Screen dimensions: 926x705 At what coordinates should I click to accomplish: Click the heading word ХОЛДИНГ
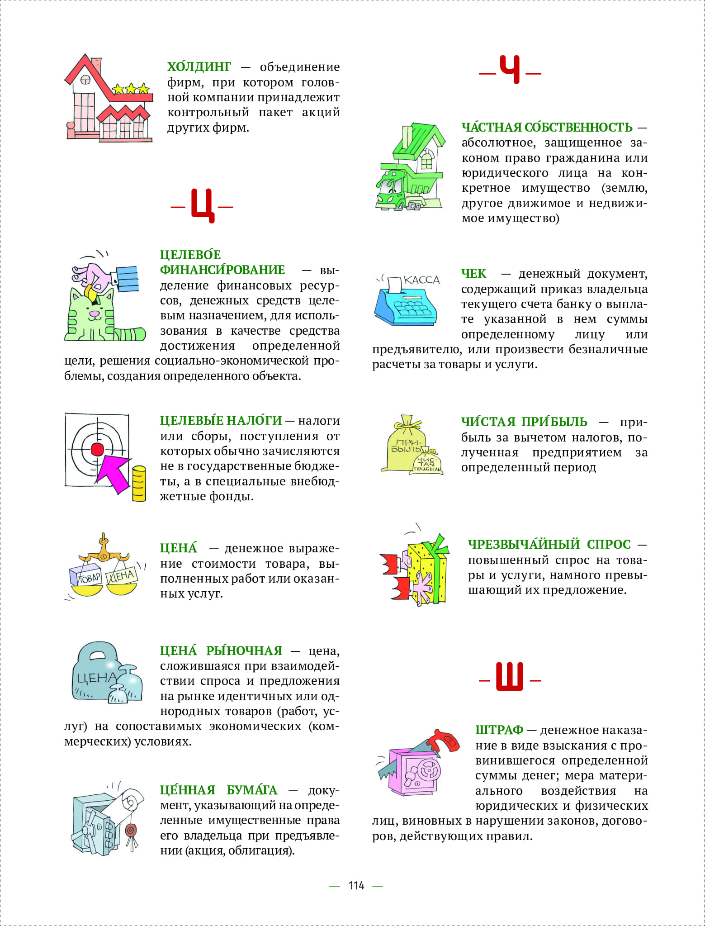199,67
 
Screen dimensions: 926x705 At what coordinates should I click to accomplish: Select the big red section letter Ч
510,70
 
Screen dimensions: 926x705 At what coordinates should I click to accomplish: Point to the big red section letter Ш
510,677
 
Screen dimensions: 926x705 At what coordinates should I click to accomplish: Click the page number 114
356,886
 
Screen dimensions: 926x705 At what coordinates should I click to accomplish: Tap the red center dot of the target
97,449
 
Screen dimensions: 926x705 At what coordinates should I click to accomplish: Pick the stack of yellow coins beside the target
139,484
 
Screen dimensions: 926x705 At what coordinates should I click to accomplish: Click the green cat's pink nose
94,313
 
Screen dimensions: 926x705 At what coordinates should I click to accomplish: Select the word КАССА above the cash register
421,280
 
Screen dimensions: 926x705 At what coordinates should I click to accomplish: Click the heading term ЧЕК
473,274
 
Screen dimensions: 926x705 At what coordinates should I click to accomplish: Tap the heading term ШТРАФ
499,730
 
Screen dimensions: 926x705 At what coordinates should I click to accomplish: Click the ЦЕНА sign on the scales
121,576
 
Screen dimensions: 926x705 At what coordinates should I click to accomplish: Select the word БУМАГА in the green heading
252,790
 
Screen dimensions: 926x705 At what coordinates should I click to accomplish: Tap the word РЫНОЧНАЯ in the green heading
244,651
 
